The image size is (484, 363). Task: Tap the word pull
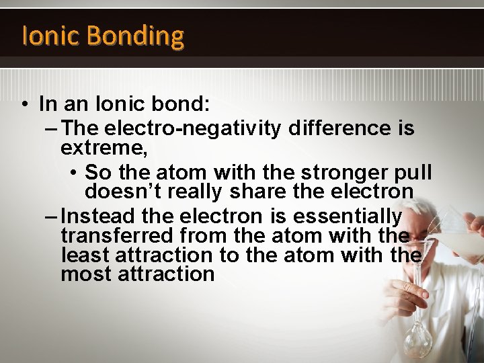coord(412,171)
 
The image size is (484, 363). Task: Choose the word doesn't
coord(123,192)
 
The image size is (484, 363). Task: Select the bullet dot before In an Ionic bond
coord(24,105)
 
